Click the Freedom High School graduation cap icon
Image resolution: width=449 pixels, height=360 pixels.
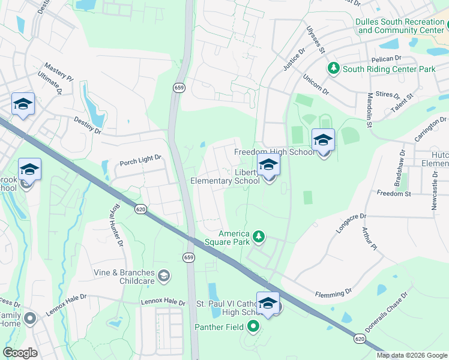(x=323, y=141)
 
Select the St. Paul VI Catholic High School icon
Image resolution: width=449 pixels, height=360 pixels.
(x=268, y=304)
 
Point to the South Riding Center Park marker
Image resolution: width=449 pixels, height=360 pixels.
(x=333, y=69)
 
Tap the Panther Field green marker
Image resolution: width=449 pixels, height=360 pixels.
(x=253, y=327)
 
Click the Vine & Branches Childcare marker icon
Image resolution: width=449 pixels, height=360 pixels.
(x=163, y=276)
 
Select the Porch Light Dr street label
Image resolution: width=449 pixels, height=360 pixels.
(x=140, y=158)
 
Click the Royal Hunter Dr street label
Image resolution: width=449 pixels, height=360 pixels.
(x=115, y=225)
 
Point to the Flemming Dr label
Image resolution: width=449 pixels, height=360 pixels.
(x=333, y=293)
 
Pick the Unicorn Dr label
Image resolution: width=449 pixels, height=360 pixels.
(x=316, y=83)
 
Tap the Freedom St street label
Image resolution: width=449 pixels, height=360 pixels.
(x=393, y=194)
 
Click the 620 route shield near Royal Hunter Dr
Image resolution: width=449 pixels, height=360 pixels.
(x=140, y=209)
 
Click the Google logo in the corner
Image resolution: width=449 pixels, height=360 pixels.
(x=19, y=353)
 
